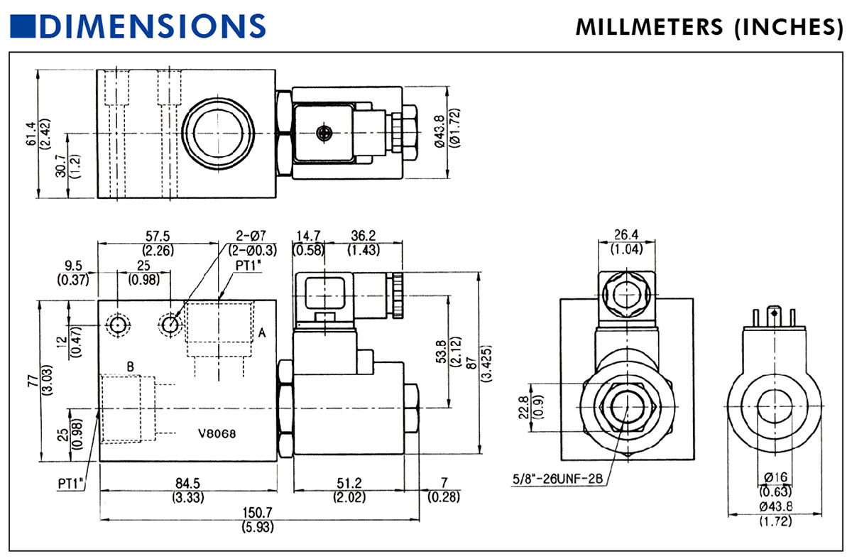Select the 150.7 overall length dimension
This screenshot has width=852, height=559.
(x=259, y=512)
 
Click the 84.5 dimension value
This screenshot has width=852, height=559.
(x=187, y=484)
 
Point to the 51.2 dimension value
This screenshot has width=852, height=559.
(x=349, y=484)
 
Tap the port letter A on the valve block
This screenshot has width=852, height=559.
(x=262, y=332)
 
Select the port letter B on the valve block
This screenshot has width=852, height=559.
(x=131, y=367)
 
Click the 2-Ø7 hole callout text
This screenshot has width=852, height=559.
(x=251, y=235)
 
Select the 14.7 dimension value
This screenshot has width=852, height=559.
(x=310, y=235)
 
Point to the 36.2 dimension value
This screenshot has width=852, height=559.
(x=363, y=235)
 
